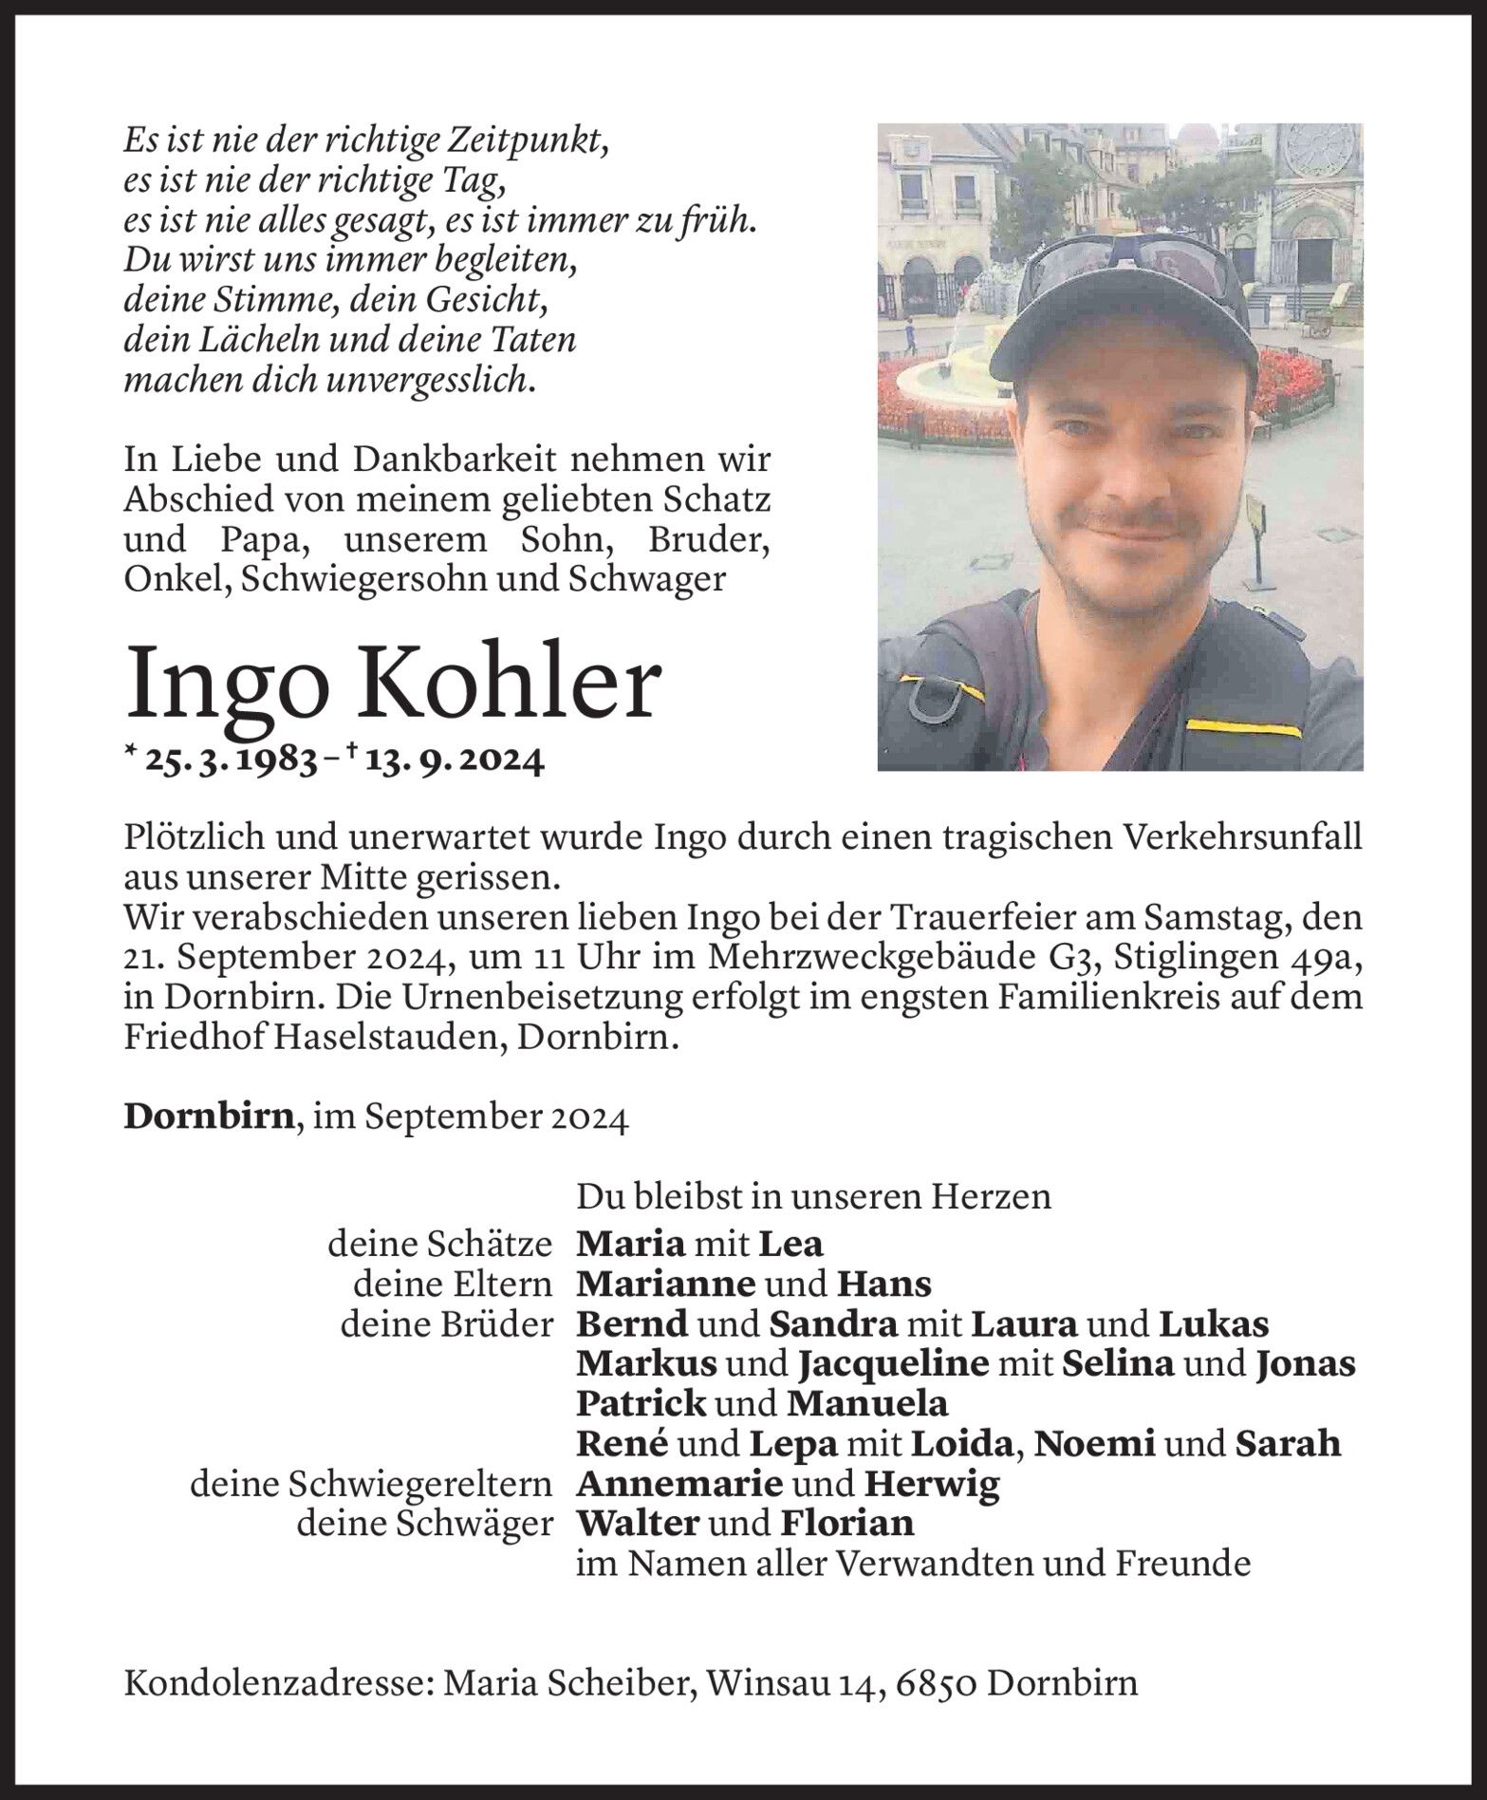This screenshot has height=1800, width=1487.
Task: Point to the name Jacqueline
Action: tap(894, 1364)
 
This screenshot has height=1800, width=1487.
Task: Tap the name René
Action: tap(623, 1444)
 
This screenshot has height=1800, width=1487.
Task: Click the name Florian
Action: tap(846, 1523)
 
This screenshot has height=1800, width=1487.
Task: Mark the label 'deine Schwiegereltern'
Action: tap(371, 1483)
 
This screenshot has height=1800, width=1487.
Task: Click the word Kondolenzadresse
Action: tap(276, 1683)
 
